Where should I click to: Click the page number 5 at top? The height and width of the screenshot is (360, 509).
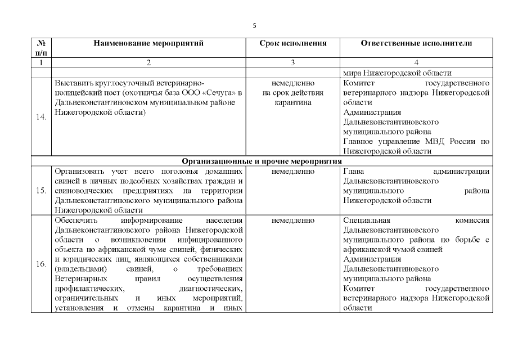point(254,26)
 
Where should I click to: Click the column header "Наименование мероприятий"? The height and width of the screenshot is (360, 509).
point(148,43)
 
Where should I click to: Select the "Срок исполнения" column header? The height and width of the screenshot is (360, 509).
point(292,43)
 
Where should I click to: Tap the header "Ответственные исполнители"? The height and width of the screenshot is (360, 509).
point(416,43)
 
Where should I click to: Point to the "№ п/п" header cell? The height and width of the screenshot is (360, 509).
point(40,47)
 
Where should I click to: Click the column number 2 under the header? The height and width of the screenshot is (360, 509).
point(148,62)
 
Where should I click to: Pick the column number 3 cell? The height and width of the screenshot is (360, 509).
point(292,62)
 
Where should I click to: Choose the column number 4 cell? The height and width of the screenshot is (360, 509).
point(416,62)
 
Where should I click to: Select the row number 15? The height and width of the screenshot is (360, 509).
point(41,190)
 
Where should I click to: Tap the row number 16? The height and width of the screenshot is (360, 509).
point(41,263)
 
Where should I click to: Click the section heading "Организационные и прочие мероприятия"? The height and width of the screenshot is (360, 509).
point(262,161)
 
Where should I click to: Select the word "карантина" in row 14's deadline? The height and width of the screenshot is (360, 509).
point(292,103)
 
